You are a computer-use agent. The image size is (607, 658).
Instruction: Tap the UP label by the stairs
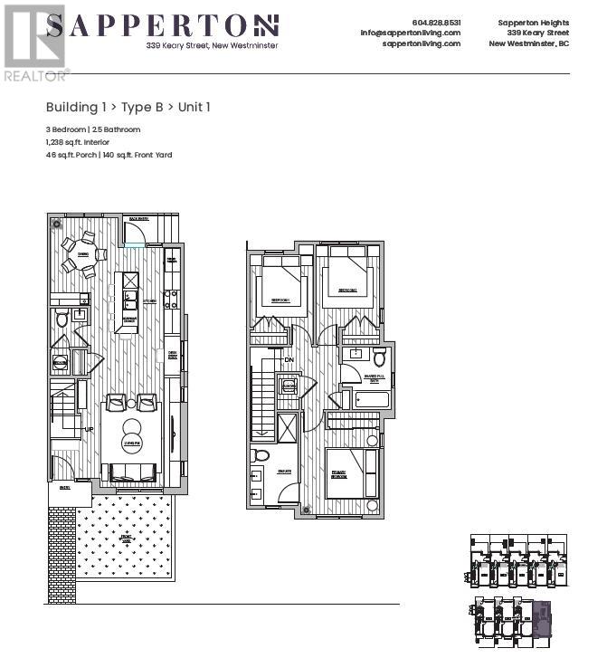[x=89, y=430]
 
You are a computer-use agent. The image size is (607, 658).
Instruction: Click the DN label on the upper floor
[x=289, y=359]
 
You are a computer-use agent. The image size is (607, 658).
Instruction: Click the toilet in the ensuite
[x=261, y=455]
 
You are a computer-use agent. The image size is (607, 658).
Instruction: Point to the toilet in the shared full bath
[x=379, y=357]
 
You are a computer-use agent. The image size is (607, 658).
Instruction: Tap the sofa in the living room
[x=133, y=472]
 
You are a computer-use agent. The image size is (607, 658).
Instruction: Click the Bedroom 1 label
[x=278, y=300]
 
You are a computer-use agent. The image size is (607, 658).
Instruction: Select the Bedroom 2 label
[x=347, y=291]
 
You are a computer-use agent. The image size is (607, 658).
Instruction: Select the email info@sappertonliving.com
[x=410, y=33]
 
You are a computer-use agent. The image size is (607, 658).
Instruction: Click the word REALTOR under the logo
[x=34, y=76]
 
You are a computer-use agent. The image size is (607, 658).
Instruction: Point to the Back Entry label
[x=138, y=219]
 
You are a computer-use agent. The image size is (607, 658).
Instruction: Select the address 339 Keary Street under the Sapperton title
[x=213, y=45]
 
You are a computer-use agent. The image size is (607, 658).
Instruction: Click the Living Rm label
[x=132, y=444]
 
